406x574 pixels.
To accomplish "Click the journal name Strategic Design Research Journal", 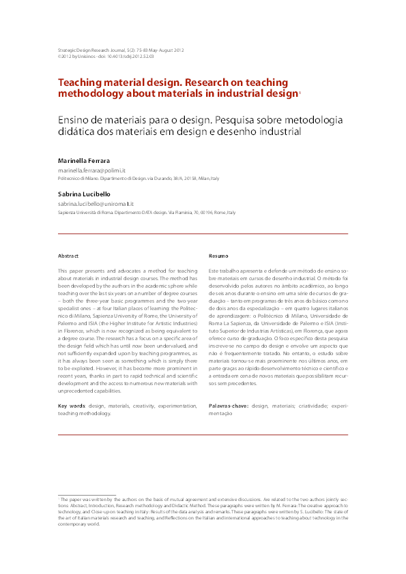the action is pos(89,50).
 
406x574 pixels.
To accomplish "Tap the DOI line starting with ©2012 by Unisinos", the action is pos(106,57).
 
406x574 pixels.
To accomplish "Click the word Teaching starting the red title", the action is pos(80,81).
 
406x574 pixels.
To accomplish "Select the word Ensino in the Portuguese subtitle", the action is pos(76,119).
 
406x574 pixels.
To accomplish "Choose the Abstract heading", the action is pos(68,256).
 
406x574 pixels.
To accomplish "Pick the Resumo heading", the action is pos(218,256).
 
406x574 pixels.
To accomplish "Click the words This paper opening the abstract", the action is pos(71,271).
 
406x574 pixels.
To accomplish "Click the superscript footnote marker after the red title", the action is pos(300,91).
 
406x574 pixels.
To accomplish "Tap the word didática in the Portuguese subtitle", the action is pos(75,133).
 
